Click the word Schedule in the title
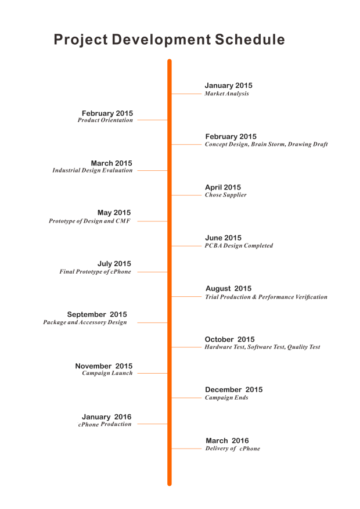pyautogui.click(x=250, y=40)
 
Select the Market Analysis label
pyautogui.click(x=226, y=94)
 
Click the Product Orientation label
pyautogui.click(x=105, y=120)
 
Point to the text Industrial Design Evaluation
pyautogui.click(x=92, y=171)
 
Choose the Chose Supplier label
pyautogui.click(x=225, y=195)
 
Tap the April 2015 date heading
pyautogui.click(x=223, y=187)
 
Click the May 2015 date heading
pyautogui.click(x=114, y=213)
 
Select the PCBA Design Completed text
pyautogui.click(x=239, y=246)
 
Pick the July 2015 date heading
pyautogui.click(x=114, y=264)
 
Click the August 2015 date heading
pyautogui.click(x=228, y=289)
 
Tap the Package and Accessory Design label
pyautogui.click(x=85, y=322)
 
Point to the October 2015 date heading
pyautogui.click(x=229, y=339)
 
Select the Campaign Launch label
pyautogui.click(x=107, y=374)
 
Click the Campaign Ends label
pyautogui.click(x=226, y=398)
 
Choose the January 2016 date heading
pyautogui.click(x=106, y=417)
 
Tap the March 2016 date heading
pyautogui.click(x=227, y=440)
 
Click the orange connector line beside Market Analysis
pyautogui.click(x=186, y=94)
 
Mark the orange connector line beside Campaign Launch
pyautogui.click(x=152, y=374)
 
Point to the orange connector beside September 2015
pyautogui.click(x=152, y=322)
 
